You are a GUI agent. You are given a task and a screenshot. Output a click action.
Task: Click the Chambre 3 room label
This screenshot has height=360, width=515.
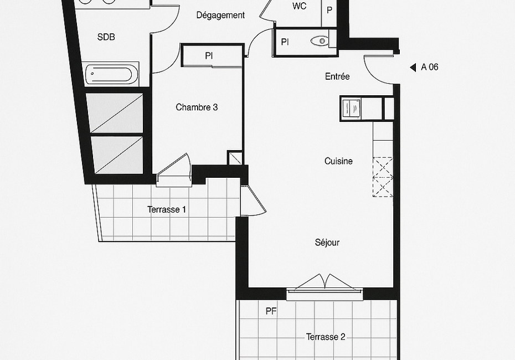[197, 107]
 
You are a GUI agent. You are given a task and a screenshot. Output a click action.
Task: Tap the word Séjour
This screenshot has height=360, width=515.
[327, 243]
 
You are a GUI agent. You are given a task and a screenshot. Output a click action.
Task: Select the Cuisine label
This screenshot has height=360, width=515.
[338, 161]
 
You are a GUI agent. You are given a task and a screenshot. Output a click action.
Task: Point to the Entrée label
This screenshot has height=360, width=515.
[337, 76]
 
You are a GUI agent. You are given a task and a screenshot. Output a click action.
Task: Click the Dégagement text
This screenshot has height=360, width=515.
[220, 16]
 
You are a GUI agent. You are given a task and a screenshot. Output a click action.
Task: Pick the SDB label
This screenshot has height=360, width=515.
[106, 37]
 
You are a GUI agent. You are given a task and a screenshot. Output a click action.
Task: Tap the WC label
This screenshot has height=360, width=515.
[299, 6]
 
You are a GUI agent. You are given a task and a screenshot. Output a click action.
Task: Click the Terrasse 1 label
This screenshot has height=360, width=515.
[167, 209]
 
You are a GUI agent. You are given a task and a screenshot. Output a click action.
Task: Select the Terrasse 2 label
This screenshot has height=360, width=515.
[326, 337]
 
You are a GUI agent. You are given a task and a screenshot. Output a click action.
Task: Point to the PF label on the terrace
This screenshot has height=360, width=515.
[271, 311]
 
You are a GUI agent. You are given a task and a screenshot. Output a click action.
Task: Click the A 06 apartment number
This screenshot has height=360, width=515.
[430, 67]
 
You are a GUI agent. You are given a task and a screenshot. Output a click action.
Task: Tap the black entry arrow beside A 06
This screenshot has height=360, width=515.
[413, 68]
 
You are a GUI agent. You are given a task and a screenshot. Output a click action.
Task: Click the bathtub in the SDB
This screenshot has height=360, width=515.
[112, 74]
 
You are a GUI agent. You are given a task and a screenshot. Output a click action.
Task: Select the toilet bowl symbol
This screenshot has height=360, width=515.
[320, 41]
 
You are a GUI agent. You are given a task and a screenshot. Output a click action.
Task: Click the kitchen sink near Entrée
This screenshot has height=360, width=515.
[351, 108]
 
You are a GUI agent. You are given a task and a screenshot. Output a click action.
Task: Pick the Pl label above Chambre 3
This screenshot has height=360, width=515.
[209, 56]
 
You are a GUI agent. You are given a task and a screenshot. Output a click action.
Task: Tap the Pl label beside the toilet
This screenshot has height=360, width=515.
[285, 43]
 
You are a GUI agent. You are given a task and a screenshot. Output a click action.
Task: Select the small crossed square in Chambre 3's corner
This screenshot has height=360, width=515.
[235, 158]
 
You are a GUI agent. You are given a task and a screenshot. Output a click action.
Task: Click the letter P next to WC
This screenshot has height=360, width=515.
[329, 11]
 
